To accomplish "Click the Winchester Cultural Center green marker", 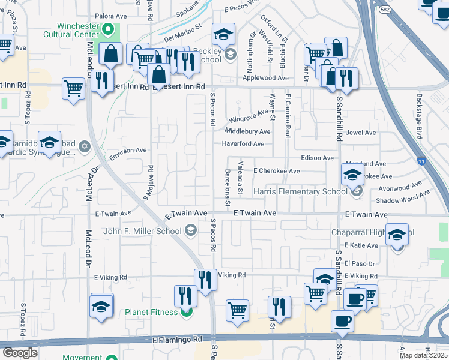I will coord(108,29).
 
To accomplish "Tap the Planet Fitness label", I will coord(151,312).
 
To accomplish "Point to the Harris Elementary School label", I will coord(300,191).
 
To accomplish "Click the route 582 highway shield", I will coord(385,9).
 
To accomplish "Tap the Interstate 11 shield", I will coord(421,161).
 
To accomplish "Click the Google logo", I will coord(20,353).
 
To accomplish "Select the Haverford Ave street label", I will coord(243,144).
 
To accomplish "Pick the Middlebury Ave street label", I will coord(248,131).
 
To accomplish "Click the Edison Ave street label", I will coord(317,158).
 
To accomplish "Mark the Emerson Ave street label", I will coord(128,154).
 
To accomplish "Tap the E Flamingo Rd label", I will coord(176,340).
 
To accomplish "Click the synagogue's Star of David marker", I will coord(85,146).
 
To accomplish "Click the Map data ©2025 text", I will coord(423,355).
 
